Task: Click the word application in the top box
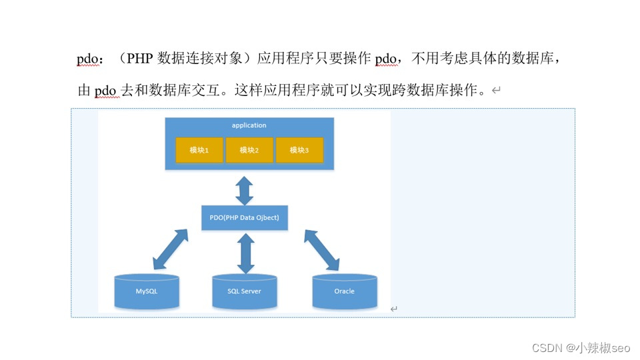(249, 125)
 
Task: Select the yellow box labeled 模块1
(199, 151)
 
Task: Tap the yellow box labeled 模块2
(249, 151)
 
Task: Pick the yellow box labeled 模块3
(299, 151)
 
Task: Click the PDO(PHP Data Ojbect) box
(245, 218)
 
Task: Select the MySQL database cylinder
(147, 291)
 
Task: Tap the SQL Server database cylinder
(245, 291)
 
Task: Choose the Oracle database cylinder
(344, 291)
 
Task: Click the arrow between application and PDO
(245, 190)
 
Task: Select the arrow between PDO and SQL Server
(245, 252)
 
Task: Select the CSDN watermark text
(529, 347)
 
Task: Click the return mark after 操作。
(495, 91)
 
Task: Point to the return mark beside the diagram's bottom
(394, 309)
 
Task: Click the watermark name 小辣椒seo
(603, 347)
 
